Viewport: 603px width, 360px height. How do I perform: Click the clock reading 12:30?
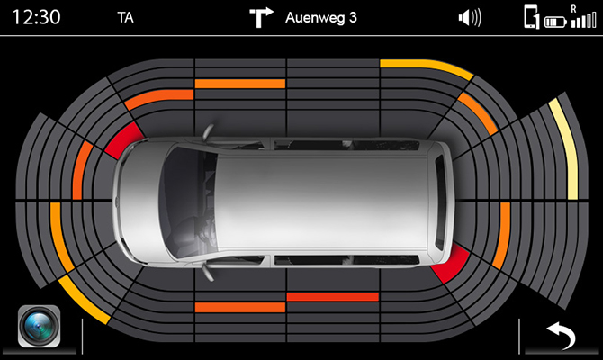30,17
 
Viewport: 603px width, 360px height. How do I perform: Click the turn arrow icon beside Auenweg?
261,16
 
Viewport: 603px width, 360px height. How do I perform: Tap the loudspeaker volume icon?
469,17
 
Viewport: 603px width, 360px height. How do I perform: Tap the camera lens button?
39,326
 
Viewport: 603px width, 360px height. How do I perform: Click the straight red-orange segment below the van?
332,296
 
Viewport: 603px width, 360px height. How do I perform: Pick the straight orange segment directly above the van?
239,84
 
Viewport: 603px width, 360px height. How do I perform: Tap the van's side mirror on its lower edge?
208,267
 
